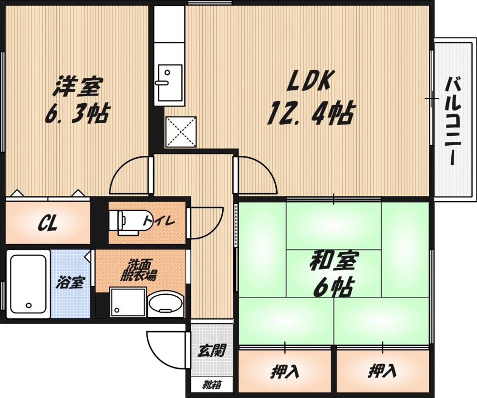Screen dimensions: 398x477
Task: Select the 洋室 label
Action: (77, 88)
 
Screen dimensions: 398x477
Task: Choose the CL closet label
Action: (48, 223)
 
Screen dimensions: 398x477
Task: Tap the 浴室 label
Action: (70, 283)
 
